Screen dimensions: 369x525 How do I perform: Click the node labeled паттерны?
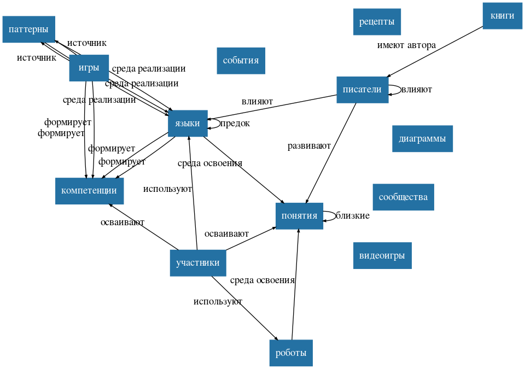pyautogui.click(x=28, y=29)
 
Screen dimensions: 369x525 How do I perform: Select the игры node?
pyautogui.click(x=89, y=68)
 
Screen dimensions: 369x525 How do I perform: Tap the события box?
pyautogui.click(x=241, y=60)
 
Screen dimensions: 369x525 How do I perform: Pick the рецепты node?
pyautogui.click(x=377, y=22)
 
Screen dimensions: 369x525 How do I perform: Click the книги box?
pyautogui.click(x=502, y=16)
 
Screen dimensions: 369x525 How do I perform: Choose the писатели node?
pyautogui.click(x=362, y=90)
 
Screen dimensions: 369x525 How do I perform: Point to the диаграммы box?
pyautogui.click(x=422, y=138)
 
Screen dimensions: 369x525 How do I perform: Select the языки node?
pyautogui.click(x=188, y=123)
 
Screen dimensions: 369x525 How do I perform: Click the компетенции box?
pyautogui.click(x=89, y=191)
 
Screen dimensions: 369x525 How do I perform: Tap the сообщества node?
pyautogui.click(x=403, y=197)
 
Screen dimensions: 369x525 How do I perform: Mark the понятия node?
pyautogui.click(x=299, y=215)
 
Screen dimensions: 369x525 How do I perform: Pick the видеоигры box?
pyautogui.click(x=382, y=255)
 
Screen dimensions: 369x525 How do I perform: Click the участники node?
pyautogui.click(x=197, y=262)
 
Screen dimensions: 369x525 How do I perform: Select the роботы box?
pyautogui.click(x=291, y=353)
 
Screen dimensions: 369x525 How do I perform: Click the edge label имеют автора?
pyautogui.click(x=406, y=45)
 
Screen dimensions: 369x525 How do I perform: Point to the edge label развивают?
pyautogui.click(x=309, y=146)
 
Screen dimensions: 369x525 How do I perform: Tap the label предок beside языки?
pyautogui.click(x=235, y=123)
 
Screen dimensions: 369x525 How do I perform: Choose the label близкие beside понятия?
pyautogui.click(x=352, y=215)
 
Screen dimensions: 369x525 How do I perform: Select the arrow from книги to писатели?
pyautogui.click(x=435, y=51)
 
